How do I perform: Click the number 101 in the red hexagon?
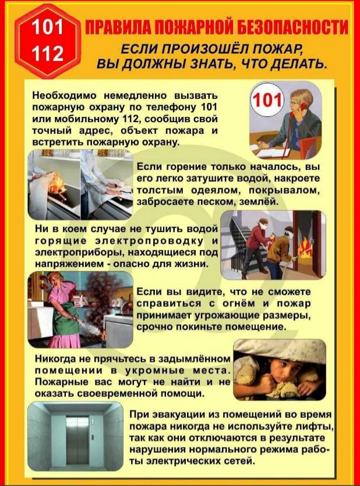click(x=47, y=27)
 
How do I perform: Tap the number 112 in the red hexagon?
click(x=47, y=53)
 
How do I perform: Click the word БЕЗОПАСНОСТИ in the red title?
click(x=292, y=27)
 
